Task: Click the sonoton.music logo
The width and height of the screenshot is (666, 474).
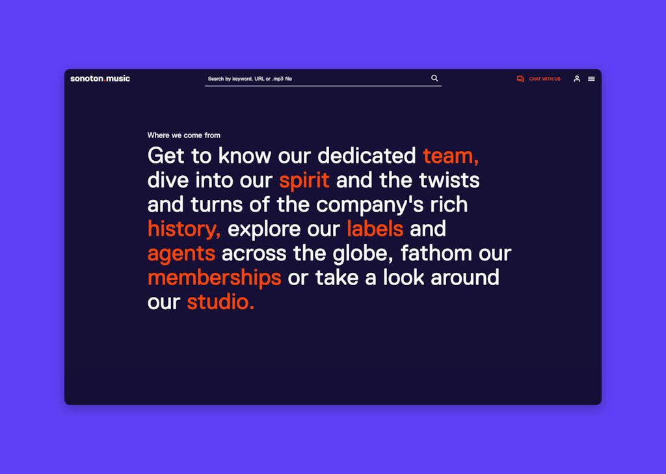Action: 100,79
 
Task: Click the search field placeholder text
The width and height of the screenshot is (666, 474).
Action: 250,79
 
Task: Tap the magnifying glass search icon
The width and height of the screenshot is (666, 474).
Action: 434,78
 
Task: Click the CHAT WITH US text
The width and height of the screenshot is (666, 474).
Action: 544,79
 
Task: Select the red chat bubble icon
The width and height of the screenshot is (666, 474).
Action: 520,79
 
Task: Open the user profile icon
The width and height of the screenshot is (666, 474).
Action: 577,79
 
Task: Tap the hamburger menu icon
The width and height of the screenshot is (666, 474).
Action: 591,79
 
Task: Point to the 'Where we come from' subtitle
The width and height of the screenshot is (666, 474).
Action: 184,135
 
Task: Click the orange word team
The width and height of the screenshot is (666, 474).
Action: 451,156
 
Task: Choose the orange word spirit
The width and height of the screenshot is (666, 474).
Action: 304,180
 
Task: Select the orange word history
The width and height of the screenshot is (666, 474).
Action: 183,229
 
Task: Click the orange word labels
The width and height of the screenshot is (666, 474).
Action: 375,229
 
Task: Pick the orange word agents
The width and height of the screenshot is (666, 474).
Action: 181,254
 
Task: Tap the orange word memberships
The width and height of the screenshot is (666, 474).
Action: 215,277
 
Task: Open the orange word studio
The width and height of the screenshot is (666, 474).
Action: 220,302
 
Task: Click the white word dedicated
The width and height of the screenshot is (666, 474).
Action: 367,156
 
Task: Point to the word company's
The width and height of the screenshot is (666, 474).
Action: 370,205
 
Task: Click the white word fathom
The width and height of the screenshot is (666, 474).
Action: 436,253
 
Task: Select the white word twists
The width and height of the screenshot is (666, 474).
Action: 449,180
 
